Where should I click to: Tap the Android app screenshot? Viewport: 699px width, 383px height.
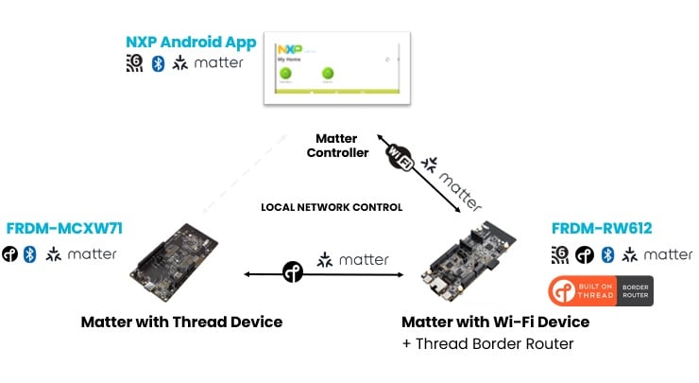click(335, 67)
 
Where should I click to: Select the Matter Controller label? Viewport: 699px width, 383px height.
click(337, 144)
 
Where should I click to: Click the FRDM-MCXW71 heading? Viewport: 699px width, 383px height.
click(63, 229)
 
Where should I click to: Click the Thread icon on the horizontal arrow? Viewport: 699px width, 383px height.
click(293, 273)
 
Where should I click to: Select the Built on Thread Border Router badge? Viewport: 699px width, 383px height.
click(601, 291)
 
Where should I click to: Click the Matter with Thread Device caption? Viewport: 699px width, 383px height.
click(181, 322)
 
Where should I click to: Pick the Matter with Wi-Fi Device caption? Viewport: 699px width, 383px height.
click(495, 322)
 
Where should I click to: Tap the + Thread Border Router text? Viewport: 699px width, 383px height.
click(486, 343)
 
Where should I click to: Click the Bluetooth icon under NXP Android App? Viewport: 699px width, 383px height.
click(158, 64)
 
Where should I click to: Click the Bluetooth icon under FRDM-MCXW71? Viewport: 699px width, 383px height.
click(29, 254)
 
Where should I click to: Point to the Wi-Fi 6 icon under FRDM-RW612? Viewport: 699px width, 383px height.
click(558, 254)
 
